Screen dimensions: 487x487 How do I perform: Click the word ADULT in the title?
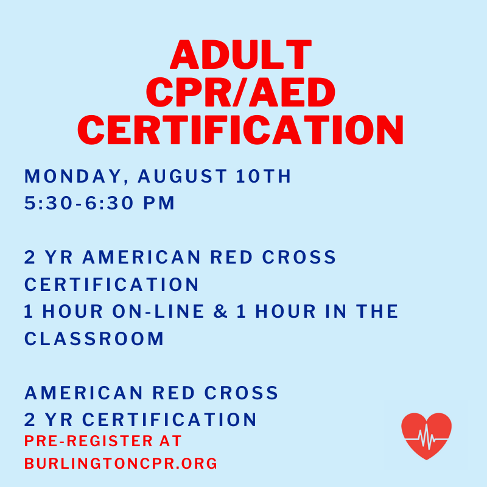tap(240, 54)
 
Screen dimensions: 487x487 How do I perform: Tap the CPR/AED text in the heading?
tap(240, 92)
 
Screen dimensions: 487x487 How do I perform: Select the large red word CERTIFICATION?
tap(240, 130)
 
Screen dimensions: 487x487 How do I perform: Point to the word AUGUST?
tap(182, 176)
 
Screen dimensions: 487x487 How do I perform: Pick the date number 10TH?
tap(264, 176)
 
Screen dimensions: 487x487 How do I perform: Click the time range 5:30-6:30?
tap(79, 203)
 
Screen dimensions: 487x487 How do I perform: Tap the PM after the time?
tap(159, 203)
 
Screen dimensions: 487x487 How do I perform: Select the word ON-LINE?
tap(158, 312)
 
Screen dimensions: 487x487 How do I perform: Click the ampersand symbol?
tap(221, 312)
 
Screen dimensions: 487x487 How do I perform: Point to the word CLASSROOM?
tap(94, 338)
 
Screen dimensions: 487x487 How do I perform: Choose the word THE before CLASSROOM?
tap(377, 312)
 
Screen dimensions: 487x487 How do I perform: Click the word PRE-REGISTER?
tap(88, 441)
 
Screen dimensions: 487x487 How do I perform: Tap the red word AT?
tap(170, 441)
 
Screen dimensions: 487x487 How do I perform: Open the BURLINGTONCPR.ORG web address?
tap(121, 463)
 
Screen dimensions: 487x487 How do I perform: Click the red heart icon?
tap(426, 436)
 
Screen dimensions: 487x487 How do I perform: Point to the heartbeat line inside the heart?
tap(426, 437)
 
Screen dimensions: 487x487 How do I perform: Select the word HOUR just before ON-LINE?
tap(72, 312)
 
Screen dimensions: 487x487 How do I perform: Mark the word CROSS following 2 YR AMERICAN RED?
tap(299, 258)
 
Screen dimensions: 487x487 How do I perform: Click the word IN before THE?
tap(336, 312)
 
